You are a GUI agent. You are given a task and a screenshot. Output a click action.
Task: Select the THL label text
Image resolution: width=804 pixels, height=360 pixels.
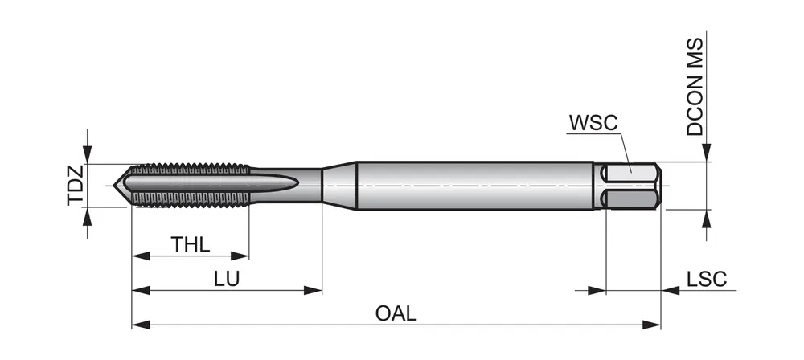(191, 244)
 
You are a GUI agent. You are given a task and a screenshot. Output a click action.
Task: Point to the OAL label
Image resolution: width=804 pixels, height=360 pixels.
(396, 313)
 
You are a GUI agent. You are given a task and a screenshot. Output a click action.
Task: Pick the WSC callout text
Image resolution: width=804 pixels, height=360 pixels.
(593, 124)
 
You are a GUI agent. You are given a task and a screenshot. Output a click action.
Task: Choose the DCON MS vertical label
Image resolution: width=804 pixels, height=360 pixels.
(695, 87)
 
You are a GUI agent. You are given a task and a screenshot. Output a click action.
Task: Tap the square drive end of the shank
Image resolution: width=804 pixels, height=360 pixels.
(632, 186)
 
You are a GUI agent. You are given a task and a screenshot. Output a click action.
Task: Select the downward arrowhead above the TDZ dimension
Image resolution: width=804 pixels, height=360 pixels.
(88, 154)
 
